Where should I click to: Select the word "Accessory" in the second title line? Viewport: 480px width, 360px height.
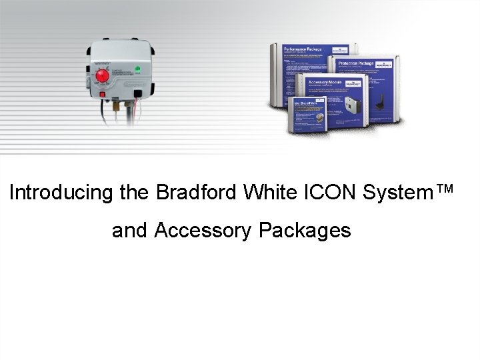(x=203, y=231)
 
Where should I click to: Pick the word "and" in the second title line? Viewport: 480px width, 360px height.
(x=130, y=231)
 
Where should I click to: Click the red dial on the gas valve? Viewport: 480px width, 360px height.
(x=103, y=76)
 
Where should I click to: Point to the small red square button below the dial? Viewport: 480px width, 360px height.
(x=102, y=95)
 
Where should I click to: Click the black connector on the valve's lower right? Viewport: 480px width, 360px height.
(x=138, y=93)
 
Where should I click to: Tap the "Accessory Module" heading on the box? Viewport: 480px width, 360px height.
(x=324, y=81)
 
